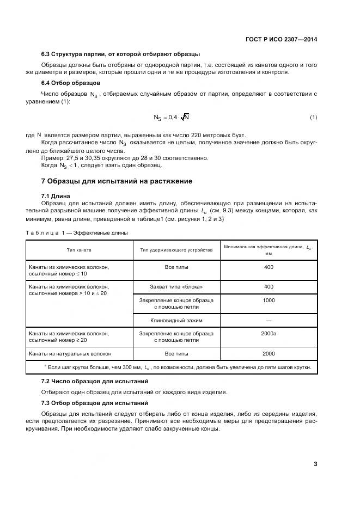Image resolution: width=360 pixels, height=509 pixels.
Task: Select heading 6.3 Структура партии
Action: point(120,54)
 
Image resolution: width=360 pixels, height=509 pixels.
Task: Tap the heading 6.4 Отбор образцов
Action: point(70,83)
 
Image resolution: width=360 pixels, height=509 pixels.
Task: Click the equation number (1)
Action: point(314,118)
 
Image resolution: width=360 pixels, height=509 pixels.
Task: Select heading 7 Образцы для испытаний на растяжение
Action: point(116,181)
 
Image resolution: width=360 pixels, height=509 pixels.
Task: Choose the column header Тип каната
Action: point(80,250)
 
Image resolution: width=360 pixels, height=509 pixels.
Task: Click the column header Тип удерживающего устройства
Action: point(176,250)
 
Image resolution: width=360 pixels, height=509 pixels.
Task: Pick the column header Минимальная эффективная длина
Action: point(269,250)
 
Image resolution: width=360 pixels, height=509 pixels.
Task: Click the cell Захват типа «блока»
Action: point(176,286)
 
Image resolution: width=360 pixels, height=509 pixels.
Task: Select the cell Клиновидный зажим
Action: point(176,320)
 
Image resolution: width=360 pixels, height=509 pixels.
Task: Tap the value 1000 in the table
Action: point(269,300)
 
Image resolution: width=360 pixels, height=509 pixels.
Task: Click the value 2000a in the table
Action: point(269,333)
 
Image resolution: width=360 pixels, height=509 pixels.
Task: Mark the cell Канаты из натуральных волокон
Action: point(70,353)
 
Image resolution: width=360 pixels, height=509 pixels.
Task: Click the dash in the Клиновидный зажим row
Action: point(269,321)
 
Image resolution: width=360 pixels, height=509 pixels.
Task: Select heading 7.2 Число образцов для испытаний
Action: point(95,381)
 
